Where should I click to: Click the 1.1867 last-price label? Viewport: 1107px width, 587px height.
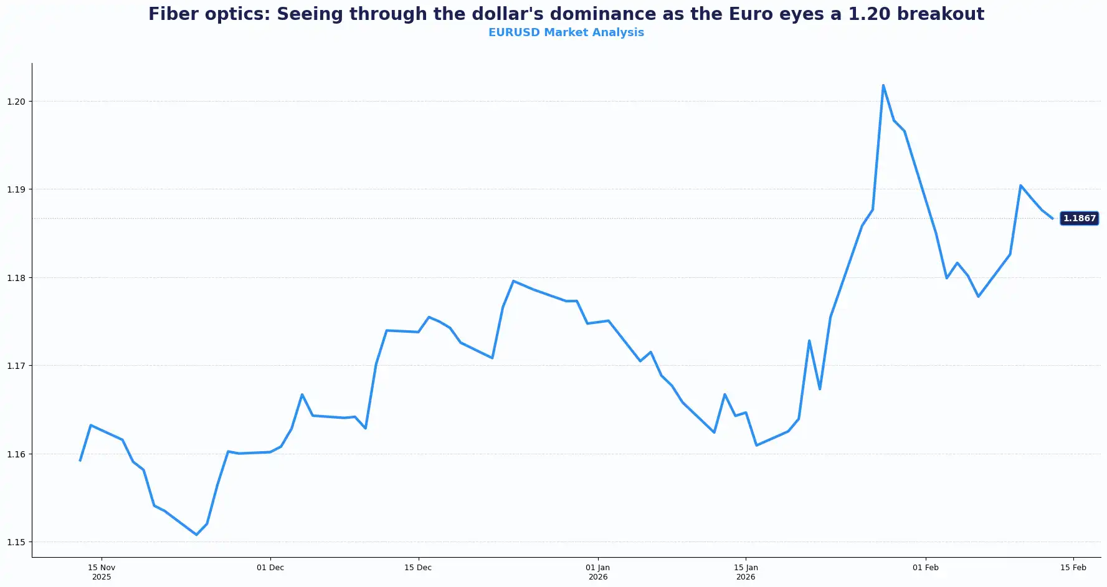click(1079, 218)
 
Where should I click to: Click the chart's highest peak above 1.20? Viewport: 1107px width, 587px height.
click(883, 85)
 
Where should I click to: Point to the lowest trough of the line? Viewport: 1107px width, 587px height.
click(196, 535)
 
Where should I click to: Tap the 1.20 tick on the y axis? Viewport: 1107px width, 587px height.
click(16, 102)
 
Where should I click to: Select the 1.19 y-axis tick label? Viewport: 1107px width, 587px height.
click(16, 189)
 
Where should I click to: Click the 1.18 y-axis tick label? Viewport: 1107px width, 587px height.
click(16, 278)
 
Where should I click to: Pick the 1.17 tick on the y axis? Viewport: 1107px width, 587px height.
click(16, 366)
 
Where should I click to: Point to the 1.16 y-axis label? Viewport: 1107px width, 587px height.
click(16, 454)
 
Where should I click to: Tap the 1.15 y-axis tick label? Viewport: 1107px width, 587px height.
click(16, 542)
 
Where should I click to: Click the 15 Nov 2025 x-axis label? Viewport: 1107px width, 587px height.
click(102, 572)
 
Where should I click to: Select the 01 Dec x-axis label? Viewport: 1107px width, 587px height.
click(270, 568)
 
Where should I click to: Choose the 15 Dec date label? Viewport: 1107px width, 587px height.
click(418, 568)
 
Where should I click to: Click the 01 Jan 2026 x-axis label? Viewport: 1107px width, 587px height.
click(598, 572)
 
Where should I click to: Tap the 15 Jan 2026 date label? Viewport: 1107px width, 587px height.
click(746, 572)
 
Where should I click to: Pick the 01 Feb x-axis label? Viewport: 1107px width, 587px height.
click(926, 568)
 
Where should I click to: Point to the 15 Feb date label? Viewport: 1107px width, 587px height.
click(1073, 568)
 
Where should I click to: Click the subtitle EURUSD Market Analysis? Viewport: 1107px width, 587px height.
click(566, 32)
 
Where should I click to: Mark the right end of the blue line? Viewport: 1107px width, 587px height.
click(1052, 218)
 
